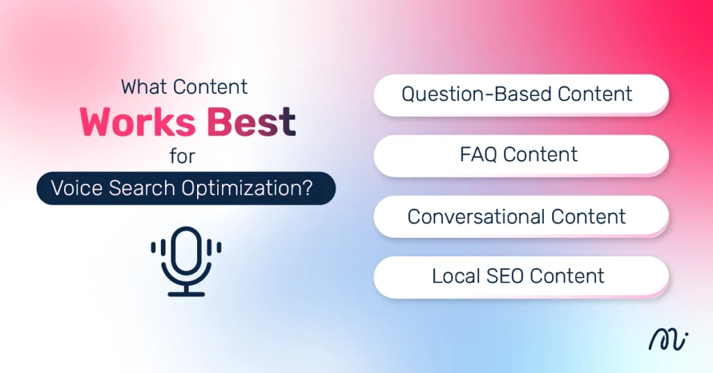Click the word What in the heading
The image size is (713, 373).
[143, 87]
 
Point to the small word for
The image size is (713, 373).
[182, 156]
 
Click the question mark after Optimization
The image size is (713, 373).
[307, 189]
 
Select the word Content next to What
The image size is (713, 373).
[210, 87]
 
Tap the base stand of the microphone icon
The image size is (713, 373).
[186, 292]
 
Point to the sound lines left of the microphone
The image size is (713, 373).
[158, 248]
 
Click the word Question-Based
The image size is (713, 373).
[469, 94]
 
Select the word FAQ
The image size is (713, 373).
[477, 154]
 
